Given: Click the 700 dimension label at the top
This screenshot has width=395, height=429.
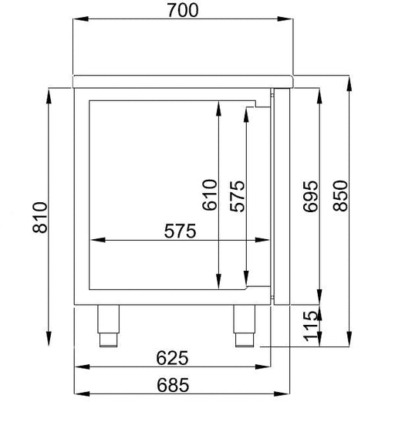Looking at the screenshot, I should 183,10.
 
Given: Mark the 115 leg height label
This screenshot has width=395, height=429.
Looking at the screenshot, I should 311,325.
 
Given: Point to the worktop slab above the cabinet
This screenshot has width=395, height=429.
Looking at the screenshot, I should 184,79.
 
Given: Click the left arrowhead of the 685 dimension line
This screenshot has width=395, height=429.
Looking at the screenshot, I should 79,394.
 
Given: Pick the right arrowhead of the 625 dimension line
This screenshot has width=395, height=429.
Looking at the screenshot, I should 264,368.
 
